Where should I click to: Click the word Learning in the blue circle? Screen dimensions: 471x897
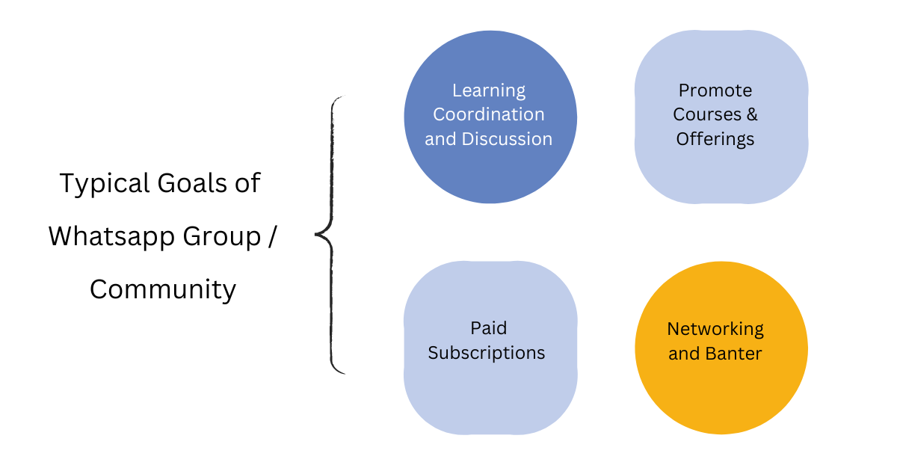(489, 91)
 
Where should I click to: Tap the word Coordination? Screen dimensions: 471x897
(489, 114)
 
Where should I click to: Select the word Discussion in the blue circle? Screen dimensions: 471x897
(507, 138)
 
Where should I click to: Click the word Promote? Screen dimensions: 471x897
(715, 91)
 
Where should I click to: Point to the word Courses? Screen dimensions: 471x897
(705, 114)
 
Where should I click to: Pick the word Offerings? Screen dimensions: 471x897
(715, 138)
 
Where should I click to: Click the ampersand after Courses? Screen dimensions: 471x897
(750, 114)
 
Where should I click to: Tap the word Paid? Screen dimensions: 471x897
(489, 328)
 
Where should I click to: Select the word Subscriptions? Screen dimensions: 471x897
(487, 352)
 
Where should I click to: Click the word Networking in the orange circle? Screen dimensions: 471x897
(715, 329)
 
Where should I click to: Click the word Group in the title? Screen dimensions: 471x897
(217, 236)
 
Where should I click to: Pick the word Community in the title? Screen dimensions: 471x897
(163, 289)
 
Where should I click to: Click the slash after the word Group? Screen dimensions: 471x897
(272, 236)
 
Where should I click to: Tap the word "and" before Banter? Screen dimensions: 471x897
(683, 353)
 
